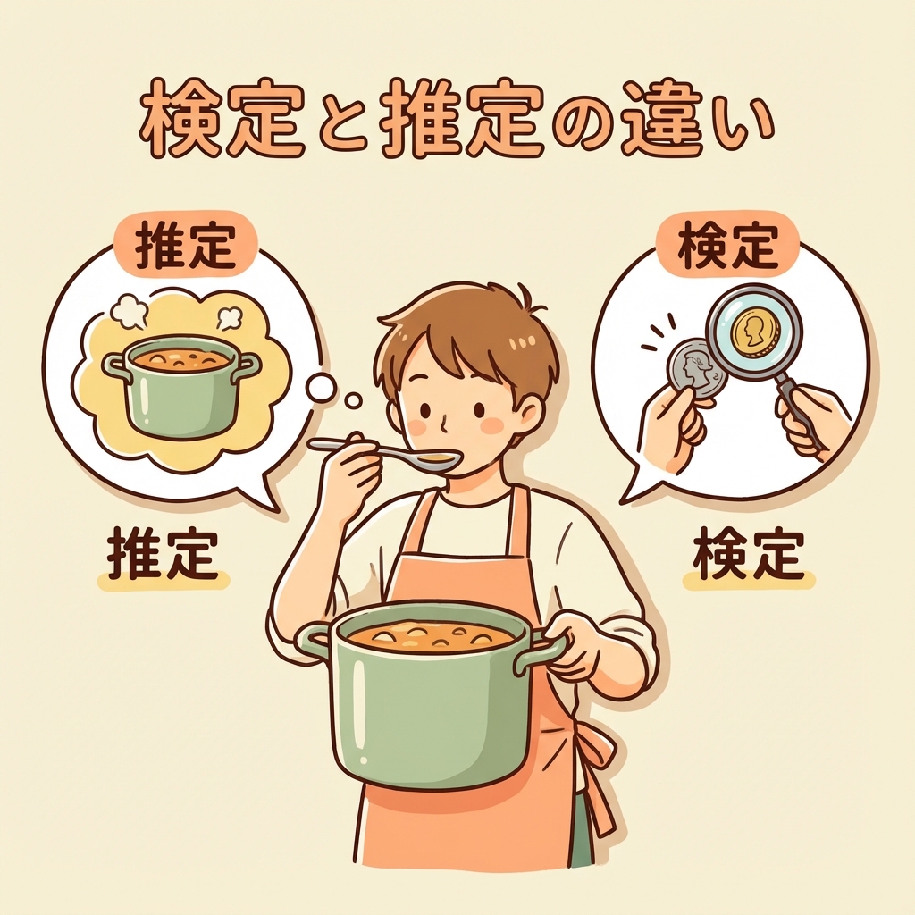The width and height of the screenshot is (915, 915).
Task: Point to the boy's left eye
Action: pos(424,410)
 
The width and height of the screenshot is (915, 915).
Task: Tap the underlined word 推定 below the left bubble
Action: pos(163,553)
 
